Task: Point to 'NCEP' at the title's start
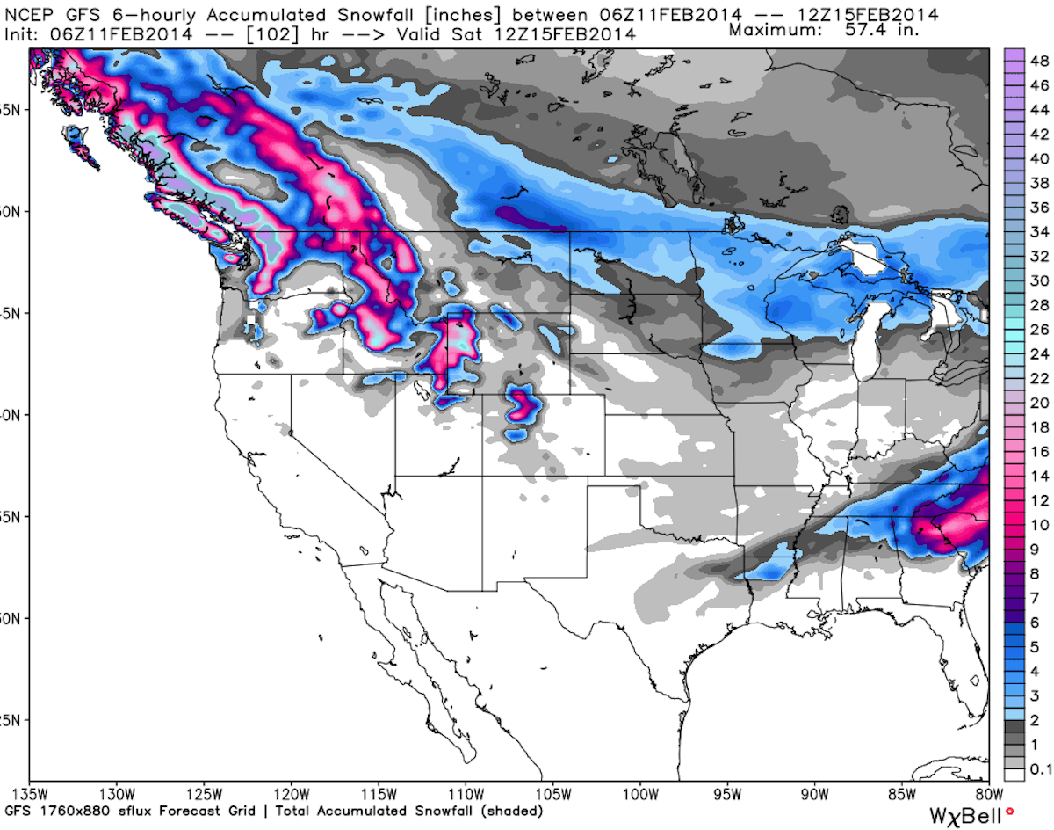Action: pos(26,14)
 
